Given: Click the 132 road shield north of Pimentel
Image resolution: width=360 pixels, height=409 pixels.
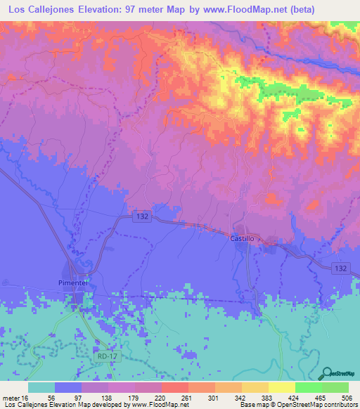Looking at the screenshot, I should pyautogui.click(x=139, y=217).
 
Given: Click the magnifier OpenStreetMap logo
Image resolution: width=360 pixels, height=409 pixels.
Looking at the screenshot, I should pyautogui.click(x=328, y=372).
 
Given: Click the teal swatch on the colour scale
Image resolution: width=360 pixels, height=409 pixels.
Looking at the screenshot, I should pyautogui.click(x=41, y=387).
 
